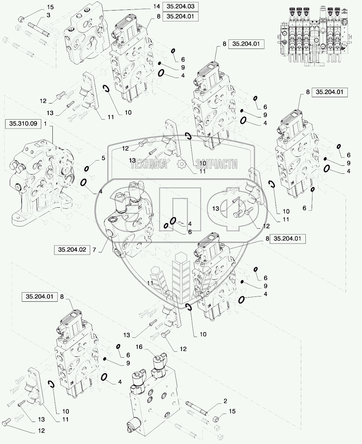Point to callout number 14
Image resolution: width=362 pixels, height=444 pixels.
tap(156, 6)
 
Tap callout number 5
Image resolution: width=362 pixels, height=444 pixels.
tap(103, 158)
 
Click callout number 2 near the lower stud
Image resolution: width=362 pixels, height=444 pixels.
tap(225, 401)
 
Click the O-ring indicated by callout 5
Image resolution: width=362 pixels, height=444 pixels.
tap(87, 169)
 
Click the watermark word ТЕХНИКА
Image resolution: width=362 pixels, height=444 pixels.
tap(149, 164)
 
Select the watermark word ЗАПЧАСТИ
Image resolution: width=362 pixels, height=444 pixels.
tap(217, 164)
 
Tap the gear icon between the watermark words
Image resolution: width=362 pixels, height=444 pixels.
tap(182, 164)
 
